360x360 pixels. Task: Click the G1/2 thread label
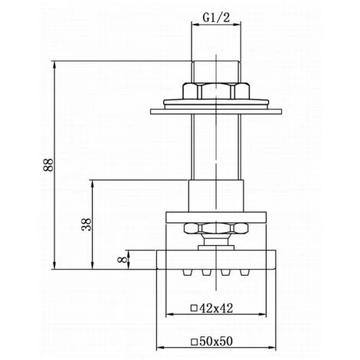[216, 18]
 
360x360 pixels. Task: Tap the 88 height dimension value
[48, 165]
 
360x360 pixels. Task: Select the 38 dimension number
[87, 224]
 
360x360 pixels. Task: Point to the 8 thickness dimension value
[123, 260]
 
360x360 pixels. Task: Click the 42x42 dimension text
[216, 308]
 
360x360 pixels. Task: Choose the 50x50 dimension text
[216, 341]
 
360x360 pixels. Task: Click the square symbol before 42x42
[194, 308]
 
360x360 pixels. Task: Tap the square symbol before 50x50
[194, 342]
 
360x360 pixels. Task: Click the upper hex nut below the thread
[216, 91]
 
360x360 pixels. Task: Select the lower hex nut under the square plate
[216, 228]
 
